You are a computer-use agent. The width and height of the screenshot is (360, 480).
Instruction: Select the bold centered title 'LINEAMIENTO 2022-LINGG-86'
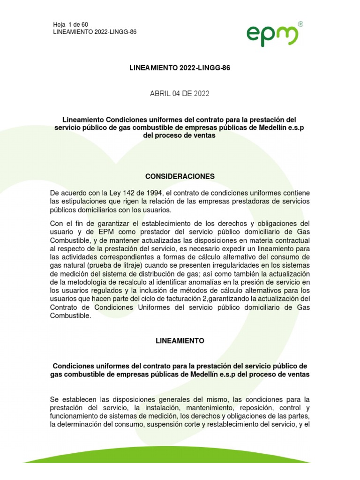click(x=180, y=68)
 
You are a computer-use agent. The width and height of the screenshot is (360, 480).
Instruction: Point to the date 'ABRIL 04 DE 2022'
click(x=180, y=94)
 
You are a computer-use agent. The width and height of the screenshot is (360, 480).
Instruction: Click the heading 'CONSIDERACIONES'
click(x=180, y=176)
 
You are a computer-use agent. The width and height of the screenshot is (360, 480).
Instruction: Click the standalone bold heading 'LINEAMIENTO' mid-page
click(x=180, y=341)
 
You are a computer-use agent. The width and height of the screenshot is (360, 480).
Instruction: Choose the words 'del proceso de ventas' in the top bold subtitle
click(x=180, y=136)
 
